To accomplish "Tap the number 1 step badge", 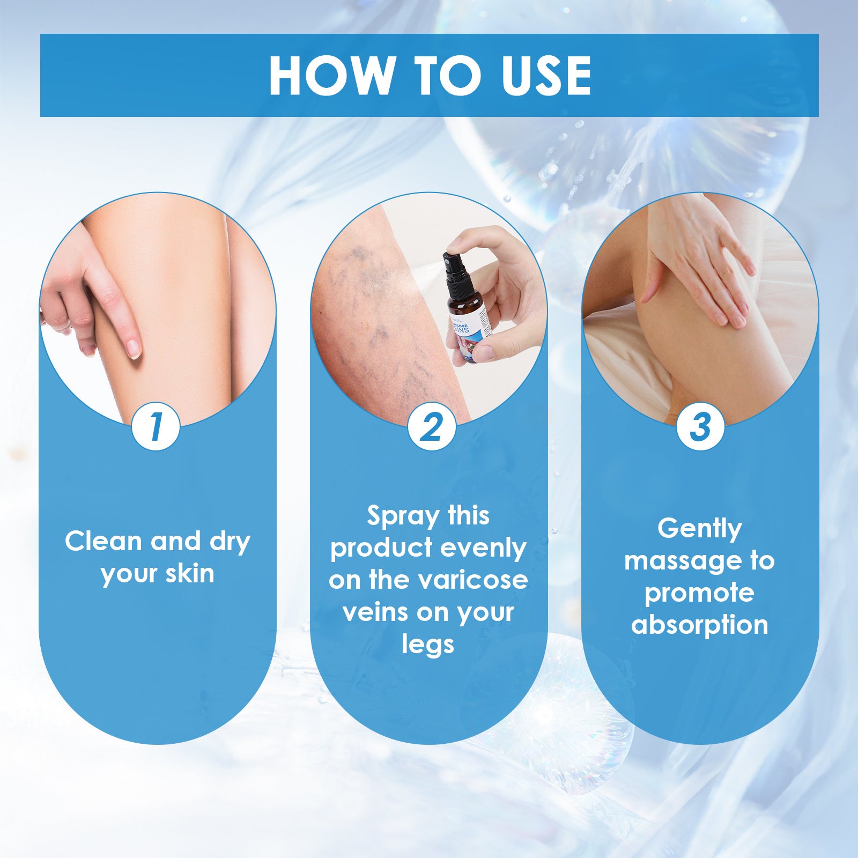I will click(156, 427).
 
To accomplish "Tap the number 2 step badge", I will click(431, 427).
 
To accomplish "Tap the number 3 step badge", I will click(700, 427).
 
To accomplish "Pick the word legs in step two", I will click(428, 644).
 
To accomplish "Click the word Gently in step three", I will click(700, 529).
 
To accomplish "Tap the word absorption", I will click(700, 625).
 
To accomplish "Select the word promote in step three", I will click(699, 593).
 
